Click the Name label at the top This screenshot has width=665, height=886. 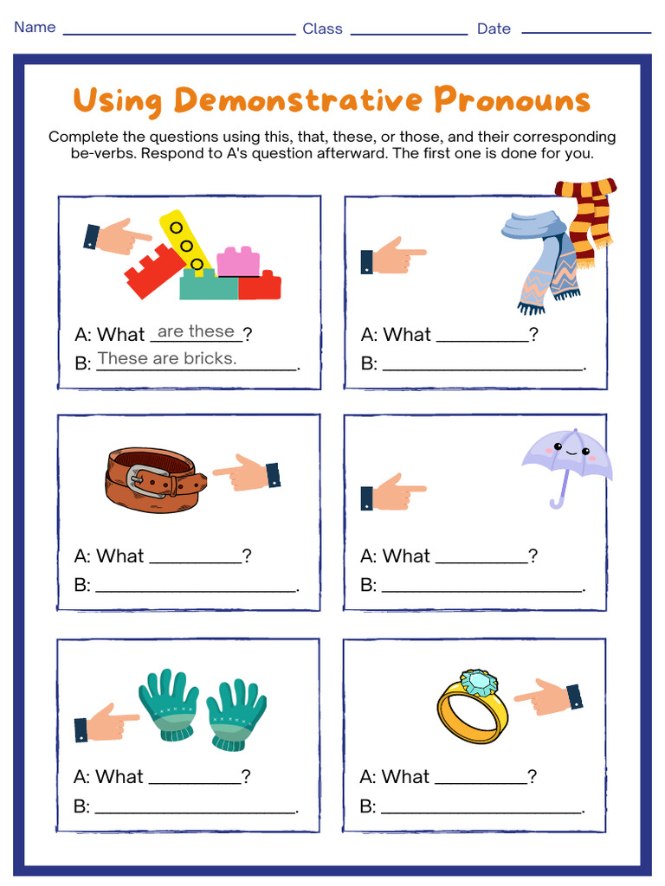click(35, 27)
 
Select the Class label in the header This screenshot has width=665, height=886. click(322, 29)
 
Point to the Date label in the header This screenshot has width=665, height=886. click(494, 29)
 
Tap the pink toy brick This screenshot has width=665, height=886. click(238, 261)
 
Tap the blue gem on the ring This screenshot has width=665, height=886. click(478, 683)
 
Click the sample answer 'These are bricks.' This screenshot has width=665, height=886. click(167, 358)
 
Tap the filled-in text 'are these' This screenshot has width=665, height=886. click(196, 331)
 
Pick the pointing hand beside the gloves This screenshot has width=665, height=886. click(106, 721)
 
